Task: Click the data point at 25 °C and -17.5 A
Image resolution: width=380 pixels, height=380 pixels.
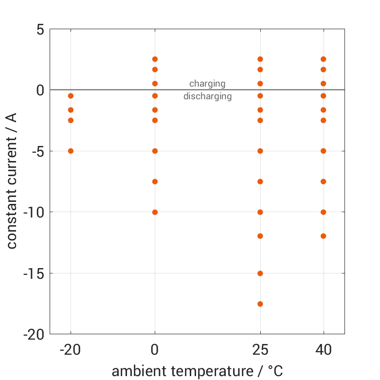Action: [x=260, y=304]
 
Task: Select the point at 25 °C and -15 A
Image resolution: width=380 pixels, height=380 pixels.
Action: [x=260, y=273]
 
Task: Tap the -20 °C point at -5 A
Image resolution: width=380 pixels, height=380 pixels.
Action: [x=71, y=151]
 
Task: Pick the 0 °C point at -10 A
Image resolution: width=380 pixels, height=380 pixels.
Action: [x=155, y=212]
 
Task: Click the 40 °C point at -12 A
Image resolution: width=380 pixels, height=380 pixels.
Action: [x=323, y=236]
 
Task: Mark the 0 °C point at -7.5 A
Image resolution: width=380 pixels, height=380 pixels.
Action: [x=155, y=181]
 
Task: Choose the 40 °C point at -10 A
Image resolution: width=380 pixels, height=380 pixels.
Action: [x=323, y=212]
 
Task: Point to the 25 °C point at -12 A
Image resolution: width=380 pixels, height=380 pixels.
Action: [x=260, y=236]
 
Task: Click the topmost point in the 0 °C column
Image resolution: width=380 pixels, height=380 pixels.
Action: [x=155, y=59]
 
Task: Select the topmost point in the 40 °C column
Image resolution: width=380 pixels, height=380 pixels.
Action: [x=323, y=59]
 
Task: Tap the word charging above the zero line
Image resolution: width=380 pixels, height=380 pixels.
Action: [x=207, y=84]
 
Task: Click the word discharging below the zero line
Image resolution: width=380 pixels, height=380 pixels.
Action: [x=207, y=96]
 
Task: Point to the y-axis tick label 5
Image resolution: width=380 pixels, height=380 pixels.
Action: [x=40, y=29]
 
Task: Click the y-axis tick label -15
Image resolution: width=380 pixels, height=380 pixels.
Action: [x=34, y=273]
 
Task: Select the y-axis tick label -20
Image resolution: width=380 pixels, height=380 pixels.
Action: [x=34, y=335]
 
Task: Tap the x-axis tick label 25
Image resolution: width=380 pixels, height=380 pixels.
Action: [x=260, y=350]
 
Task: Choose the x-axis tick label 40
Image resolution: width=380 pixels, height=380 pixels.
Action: [x=323, y=350]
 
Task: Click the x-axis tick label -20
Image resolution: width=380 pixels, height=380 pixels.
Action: [x=71, y=350]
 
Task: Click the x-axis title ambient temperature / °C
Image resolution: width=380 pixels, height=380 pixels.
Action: [x=197, y=371]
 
